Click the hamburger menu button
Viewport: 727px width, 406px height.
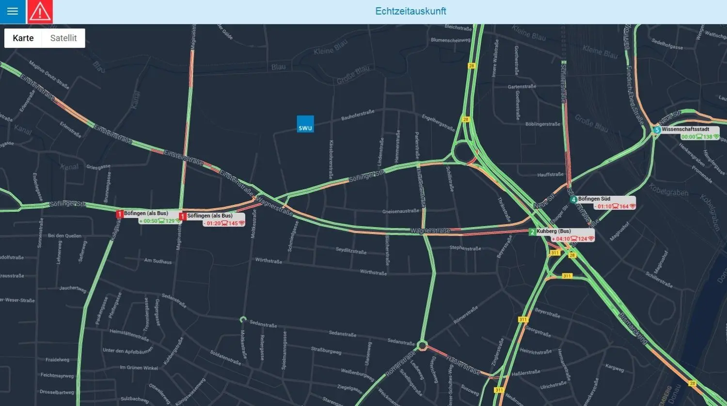(13, 12)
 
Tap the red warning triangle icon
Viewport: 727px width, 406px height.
(40, 12)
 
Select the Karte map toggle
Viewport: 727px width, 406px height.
(23, 38)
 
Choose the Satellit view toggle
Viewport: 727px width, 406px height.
(63, 38)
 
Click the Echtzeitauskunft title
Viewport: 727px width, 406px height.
(411, 11)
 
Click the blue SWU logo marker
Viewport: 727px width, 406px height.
(305, 124)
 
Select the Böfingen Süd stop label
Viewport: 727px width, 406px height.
(594, 199)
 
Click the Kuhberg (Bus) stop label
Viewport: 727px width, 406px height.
(553, 232)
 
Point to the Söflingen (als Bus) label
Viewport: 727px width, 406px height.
(209, 216)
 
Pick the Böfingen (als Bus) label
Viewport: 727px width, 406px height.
(146, 214)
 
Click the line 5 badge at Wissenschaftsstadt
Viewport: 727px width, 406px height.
(657, 130)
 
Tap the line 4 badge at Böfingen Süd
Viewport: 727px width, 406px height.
(573, 200)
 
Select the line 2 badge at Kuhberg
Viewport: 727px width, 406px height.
(532, 232)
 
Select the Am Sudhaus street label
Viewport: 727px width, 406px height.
(158, 262)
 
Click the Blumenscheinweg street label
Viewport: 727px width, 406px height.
(451, 40)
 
